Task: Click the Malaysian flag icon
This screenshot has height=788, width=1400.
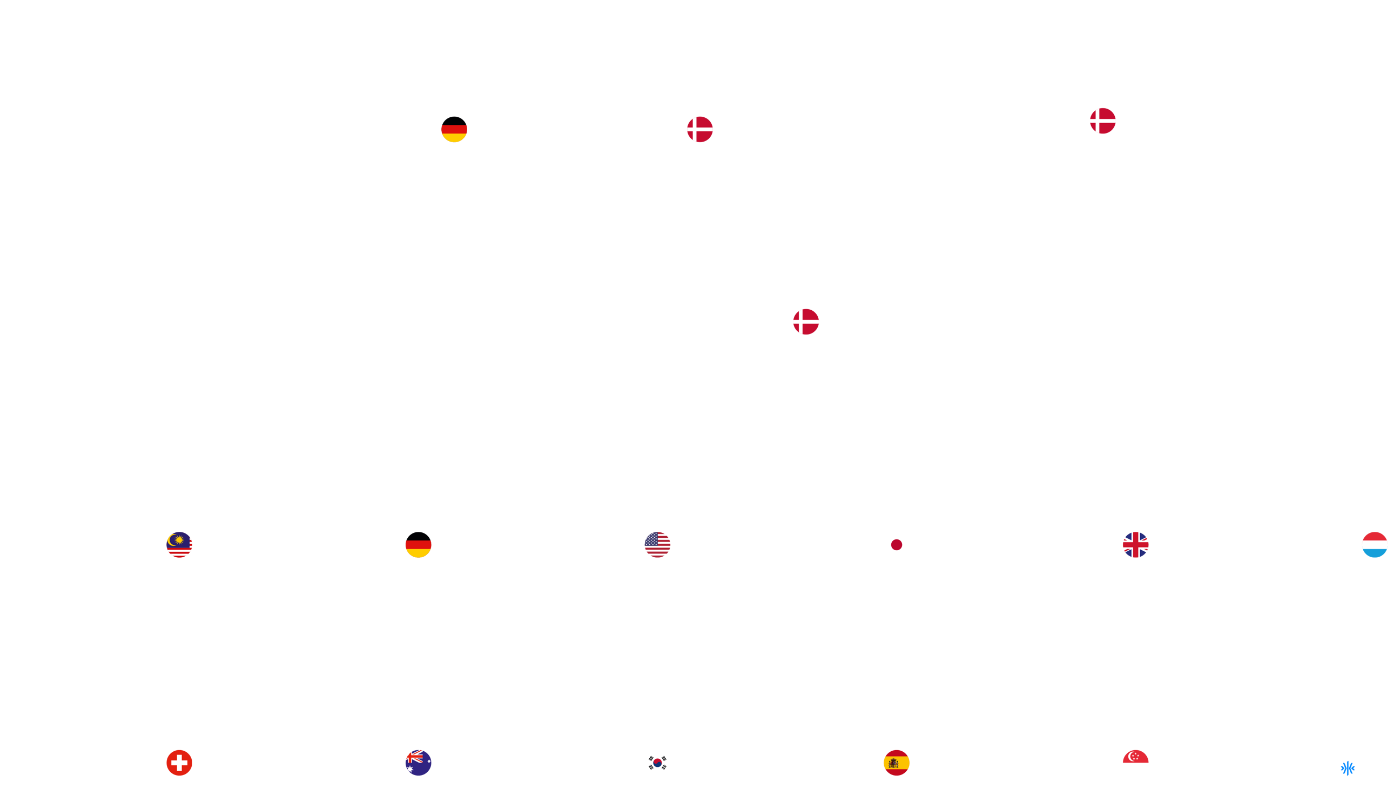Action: pyautogui.click(x=179, y=544)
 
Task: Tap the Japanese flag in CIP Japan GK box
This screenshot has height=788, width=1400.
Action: pyautogui.click(x=896, y=544)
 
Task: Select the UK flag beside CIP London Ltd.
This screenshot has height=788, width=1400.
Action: pyautogui.click(x=1135, y=544)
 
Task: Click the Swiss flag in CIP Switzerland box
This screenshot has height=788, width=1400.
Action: pyautogui.click(x=179, y=763)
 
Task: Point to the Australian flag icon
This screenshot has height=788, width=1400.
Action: pyautogui.click(x=418, y=763)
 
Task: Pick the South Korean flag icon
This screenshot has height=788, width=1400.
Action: pyautogui.click(x=657, y=763)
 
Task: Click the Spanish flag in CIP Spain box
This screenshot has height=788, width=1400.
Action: pyautogui.click(x=896, y=763)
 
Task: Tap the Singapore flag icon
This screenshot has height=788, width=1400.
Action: pyautogui.click(x=1135, y=763)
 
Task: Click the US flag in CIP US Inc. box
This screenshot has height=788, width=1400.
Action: pyautogui.click(x=657, y=544)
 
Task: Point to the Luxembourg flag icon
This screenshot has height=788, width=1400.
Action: pyautogui.click(x=1375, y=544)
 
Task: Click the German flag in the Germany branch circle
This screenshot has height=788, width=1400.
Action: pyautogui.click(x=454, y=132)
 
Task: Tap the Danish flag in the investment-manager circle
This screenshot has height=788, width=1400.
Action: pyautogui.click(x=699, y=129)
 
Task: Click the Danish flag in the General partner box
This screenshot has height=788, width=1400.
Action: pyautogui.click(x=1102, y=121)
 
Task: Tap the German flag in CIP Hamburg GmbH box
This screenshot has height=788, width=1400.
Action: pyautogui.click(x=418, y=547)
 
